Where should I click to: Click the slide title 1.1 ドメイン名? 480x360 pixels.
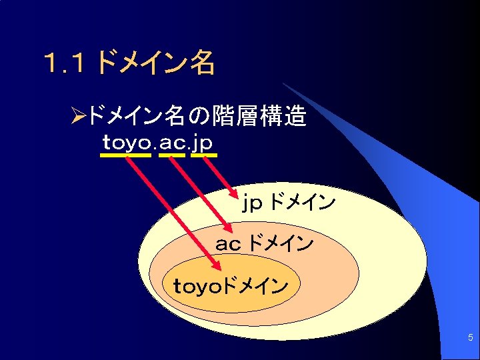point(128,63)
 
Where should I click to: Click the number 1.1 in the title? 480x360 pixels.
point(63,64)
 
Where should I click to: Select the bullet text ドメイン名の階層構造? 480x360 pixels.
point(197,118)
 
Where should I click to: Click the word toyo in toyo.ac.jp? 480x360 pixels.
point(127,143)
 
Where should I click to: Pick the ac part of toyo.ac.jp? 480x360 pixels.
point(173,143)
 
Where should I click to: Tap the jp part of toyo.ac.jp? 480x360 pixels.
point(203,143)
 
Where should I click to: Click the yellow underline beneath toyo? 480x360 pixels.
point(126,155)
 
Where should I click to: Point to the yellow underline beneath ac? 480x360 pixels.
point(173,155)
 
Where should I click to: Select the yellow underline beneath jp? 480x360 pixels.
point(203,155)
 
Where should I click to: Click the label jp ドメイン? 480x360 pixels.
point(288,202)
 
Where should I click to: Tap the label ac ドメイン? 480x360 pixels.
point(264,244)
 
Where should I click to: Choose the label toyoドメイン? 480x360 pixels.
point(230,287)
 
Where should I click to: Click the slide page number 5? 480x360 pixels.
point(470,338)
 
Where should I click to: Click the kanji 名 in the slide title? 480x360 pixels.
point(202,63)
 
